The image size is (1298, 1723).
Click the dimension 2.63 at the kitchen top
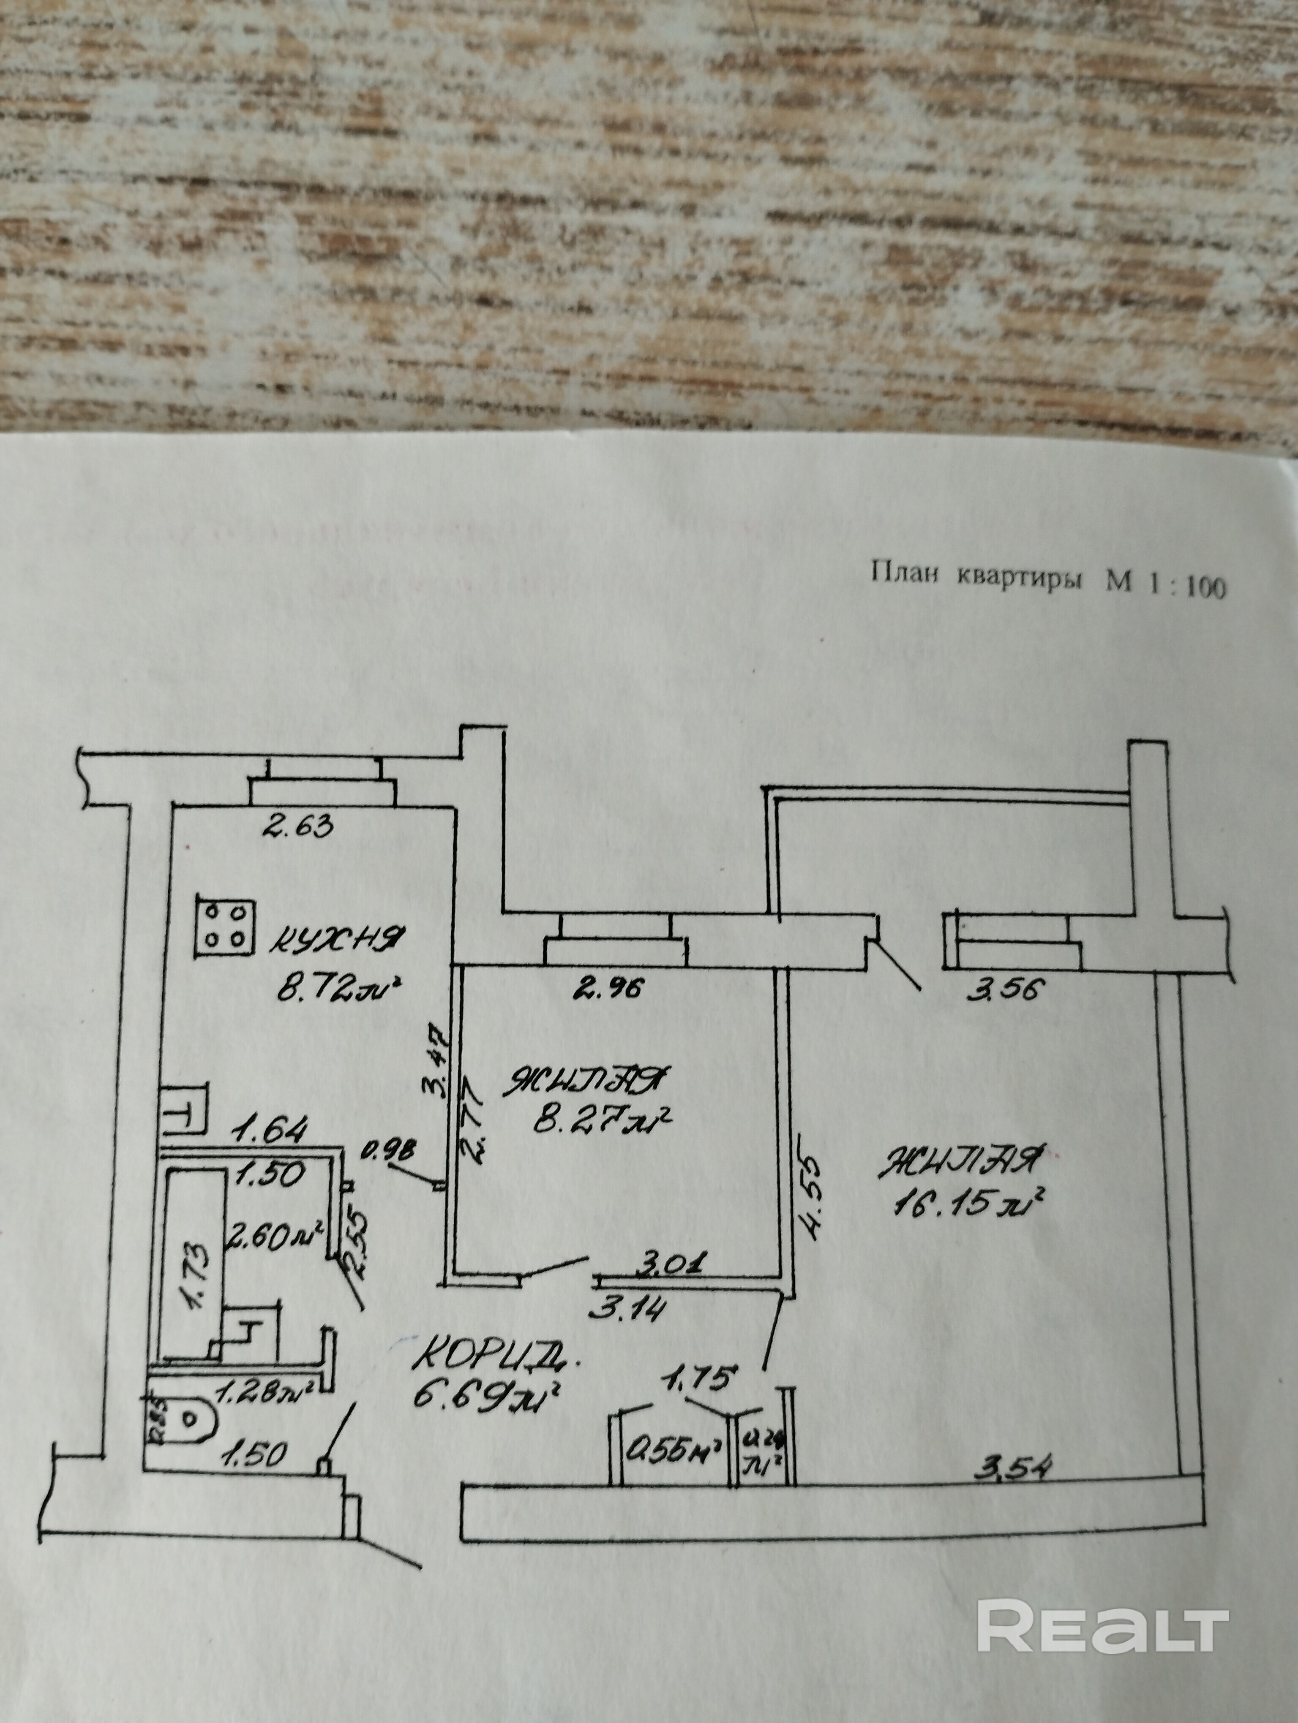click(297, 823)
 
